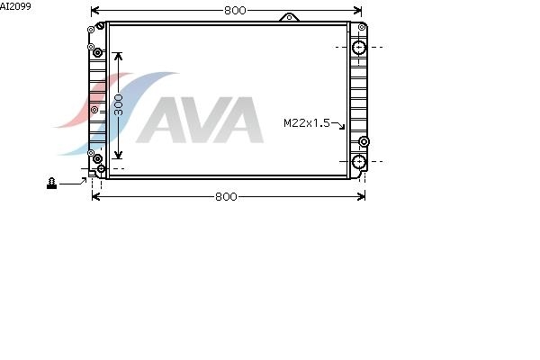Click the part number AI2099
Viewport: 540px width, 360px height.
pos(15,6)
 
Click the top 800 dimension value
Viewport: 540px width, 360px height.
pos(235,10)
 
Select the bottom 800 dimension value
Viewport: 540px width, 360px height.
pos(226,197)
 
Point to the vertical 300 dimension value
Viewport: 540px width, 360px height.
pos(118,105)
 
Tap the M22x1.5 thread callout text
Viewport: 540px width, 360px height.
pos(307,123)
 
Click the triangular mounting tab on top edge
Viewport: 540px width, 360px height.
pos(289,17)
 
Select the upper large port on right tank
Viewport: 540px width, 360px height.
pos(359,47)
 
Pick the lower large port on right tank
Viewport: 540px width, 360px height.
pos(359,162)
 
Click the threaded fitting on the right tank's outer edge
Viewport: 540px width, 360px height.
pos(364,141)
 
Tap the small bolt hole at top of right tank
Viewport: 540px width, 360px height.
pos(362,27)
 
